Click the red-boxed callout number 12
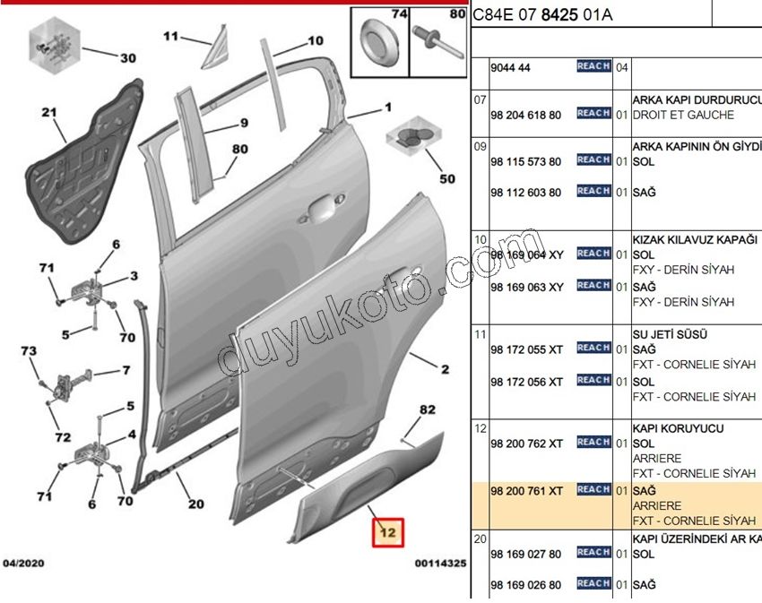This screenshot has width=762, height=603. (389, 533)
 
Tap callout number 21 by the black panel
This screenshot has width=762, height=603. (48, 113)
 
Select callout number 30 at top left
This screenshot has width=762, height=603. (128, 58)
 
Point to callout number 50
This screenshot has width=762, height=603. (446, 178)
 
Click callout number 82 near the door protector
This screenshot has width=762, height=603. (427, 410)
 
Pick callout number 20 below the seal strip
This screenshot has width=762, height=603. (195, 504)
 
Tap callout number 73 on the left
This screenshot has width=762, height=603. (29, 350)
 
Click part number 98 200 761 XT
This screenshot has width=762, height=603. (527, 490)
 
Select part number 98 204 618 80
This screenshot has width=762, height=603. (525, 116)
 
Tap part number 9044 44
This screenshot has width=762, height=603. (512, 68)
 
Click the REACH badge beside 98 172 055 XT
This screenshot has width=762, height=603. (593, 348)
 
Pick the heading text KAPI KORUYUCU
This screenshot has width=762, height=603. (678, 428)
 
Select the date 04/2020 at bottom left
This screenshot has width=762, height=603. (24, 564)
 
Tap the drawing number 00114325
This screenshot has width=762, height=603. (439, 564)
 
